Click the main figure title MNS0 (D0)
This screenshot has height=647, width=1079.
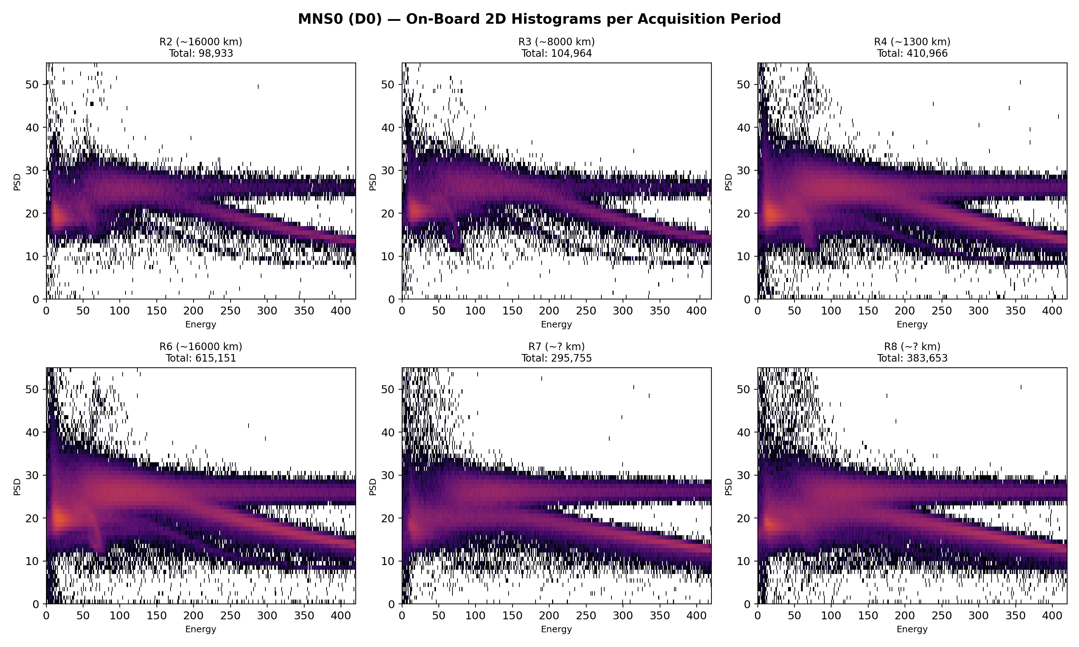point(539,19)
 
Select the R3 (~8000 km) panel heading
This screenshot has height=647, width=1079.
point(556,42)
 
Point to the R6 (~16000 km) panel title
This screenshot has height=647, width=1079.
point(201,347)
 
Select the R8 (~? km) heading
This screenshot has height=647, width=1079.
point(912,347)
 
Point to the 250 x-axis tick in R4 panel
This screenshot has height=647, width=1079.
point(942,311)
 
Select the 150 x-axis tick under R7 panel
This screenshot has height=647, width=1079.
point(512,616)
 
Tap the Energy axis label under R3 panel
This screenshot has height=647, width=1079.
point(556,324)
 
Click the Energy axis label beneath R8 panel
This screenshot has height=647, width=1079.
point(912,629)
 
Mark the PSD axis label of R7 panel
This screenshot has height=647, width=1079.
point(373,487)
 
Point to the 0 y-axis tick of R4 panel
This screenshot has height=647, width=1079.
point(747,299)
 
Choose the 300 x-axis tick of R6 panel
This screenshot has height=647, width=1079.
point(267,616)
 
